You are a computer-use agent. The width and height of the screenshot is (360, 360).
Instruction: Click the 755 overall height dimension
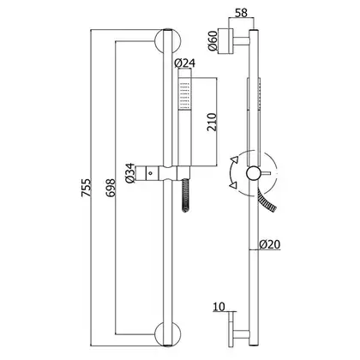click(86, 187)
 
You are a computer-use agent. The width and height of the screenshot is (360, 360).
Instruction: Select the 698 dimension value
click(111, 188)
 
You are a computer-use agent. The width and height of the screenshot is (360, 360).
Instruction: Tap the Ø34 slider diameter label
click(130, 173)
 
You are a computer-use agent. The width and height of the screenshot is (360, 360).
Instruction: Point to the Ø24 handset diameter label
click(184, 63)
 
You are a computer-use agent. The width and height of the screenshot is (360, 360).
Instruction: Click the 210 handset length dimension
click(212, 122)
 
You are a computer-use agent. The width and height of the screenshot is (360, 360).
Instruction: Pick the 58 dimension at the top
click(242, 13)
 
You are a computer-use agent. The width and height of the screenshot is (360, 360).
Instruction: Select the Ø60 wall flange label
click(213, 41)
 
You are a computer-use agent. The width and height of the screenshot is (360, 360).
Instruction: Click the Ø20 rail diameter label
click(270, 244)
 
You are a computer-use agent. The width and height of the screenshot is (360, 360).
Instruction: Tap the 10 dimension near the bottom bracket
click(219, 307)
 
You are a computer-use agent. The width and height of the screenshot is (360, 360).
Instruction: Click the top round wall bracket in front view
click(168, 41)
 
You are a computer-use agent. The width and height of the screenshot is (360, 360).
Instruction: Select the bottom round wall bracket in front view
click(168, 334)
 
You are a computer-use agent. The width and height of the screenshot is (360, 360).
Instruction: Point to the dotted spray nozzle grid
click(184, 96)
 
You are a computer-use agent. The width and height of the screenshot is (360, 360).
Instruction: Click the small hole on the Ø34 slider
click(150, 173)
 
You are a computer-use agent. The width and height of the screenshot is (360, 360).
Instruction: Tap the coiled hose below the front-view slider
click(186, 195)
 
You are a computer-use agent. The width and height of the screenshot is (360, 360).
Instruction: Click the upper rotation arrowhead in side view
click(235, 159)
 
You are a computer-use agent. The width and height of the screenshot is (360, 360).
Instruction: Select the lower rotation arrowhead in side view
click(233, 185)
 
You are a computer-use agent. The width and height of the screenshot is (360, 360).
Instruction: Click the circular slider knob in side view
click(254, 173)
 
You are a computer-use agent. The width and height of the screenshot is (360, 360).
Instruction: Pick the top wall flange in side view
click(225, 41)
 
